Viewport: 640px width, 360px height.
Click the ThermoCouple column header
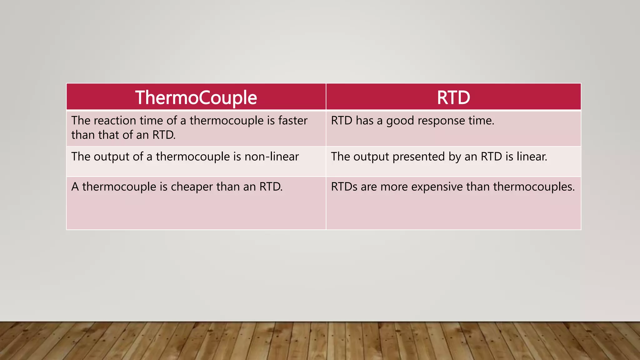coord(196,97)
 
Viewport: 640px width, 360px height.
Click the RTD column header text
coord(453,97)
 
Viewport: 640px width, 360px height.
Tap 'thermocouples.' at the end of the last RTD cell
coord(534,187)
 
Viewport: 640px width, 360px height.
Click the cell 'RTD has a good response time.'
coord(453,128)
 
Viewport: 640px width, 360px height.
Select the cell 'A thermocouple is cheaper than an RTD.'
coord(196,203)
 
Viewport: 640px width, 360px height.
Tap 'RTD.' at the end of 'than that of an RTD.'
coord(164,135)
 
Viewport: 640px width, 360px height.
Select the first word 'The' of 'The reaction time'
coord(81,121)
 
